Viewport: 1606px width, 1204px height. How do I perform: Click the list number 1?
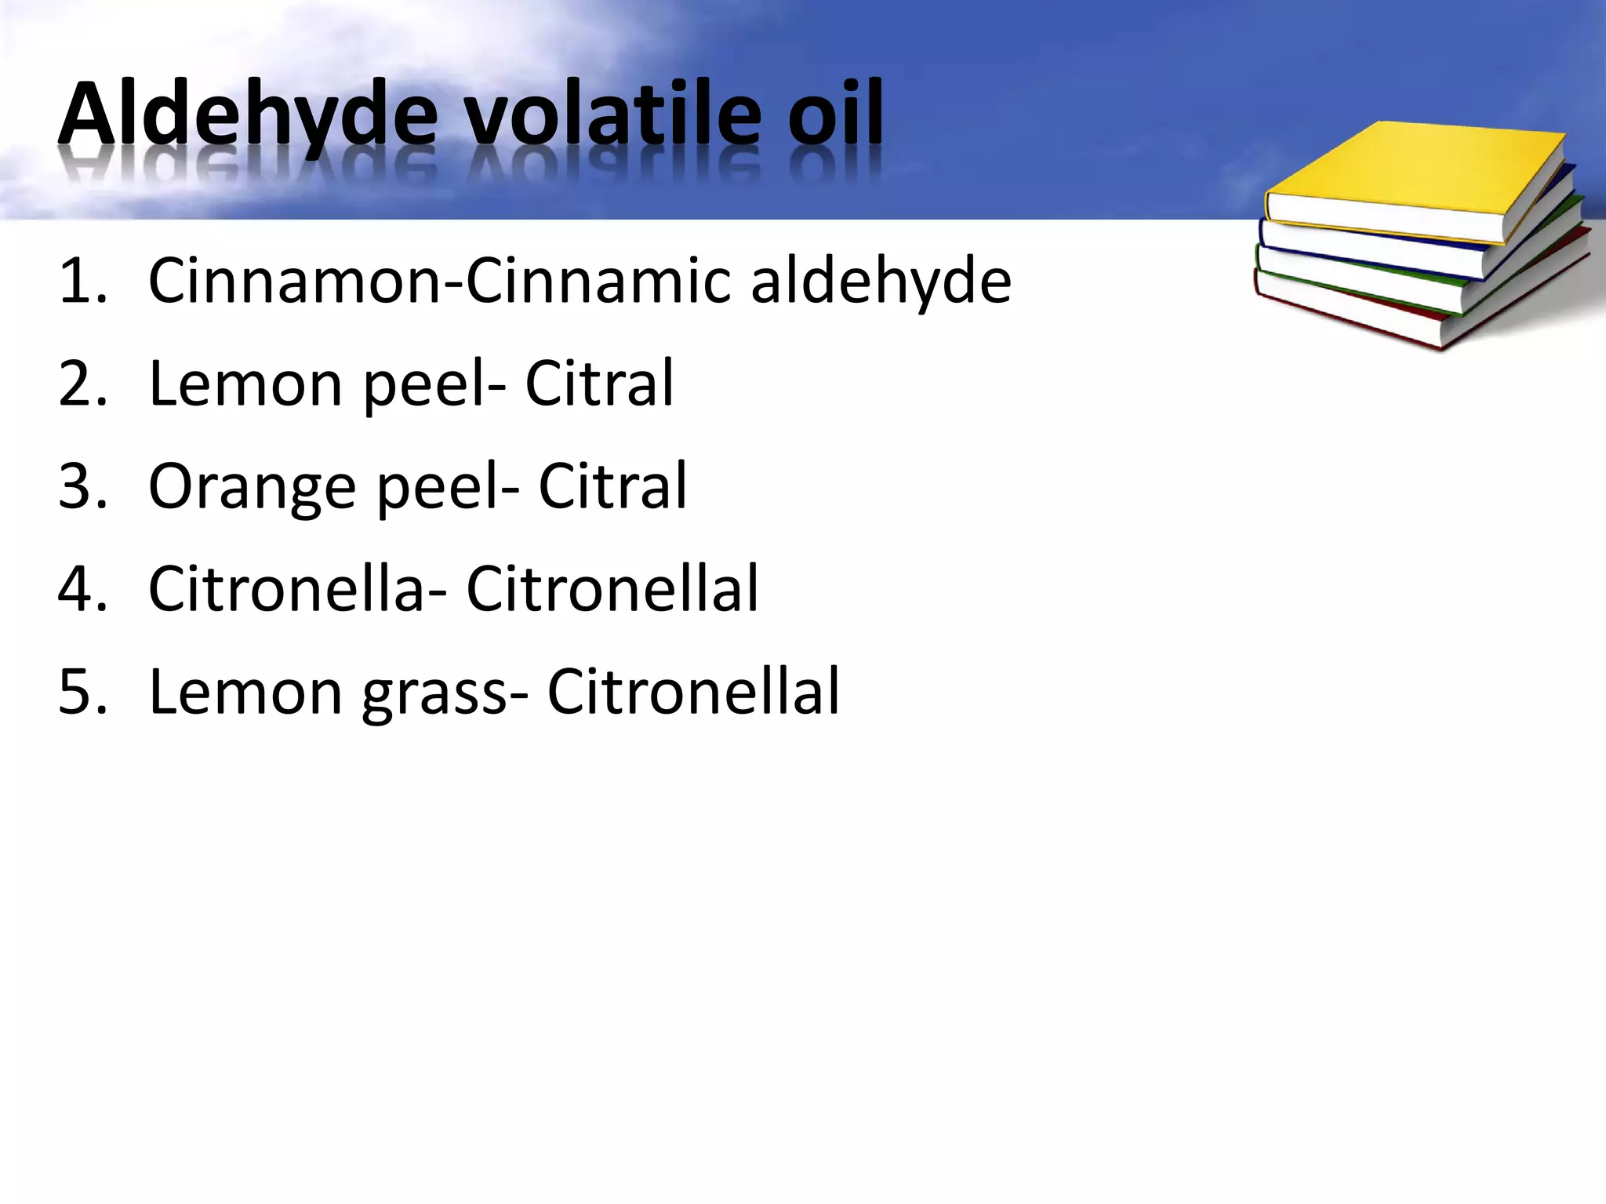(82, 281)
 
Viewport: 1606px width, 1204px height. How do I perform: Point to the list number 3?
(82, 486)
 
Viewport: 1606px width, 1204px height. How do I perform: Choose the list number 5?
(82, 692)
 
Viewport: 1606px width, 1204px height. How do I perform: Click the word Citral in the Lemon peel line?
(599, 384)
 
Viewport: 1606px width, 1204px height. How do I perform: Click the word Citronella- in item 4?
(298, 589)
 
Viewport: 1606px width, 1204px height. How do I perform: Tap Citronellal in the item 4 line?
(612, 589)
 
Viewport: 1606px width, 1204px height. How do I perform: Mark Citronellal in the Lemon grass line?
(693, 692)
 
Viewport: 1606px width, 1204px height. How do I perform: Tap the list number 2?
(82, 384)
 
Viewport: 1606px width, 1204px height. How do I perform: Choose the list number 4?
(82, 589)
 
